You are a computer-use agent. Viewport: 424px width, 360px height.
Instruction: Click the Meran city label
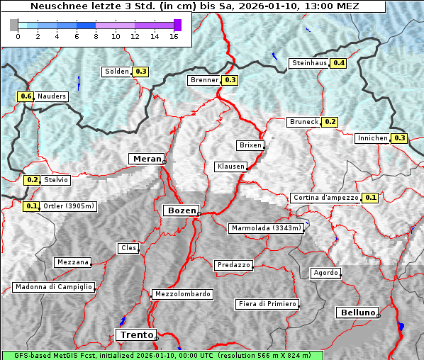(146, 159)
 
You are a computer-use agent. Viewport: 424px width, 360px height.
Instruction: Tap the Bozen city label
(180, 210)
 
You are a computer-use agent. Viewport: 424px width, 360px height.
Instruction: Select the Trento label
(136, 335)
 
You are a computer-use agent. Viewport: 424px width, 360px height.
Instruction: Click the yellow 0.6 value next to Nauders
(26, 96)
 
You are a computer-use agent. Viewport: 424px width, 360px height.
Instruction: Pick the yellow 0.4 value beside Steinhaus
(339, 63)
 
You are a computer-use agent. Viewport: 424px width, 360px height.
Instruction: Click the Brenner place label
(205, 80)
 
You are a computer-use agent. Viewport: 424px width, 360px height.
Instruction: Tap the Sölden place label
(117, 72)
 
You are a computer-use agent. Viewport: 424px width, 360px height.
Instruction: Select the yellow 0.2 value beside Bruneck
(330, 122)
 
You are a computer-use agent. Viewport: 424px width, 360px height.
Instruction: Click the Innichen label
(372, 138)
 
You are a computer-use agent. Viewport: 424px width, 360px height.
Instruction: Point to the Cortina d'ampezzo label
(325, 198)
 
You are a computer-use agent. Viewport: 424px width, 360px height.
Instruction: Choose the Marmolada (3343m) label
(267, 228)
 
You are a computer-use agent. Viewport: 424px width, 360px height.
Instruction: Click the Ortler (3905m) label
(68, 206)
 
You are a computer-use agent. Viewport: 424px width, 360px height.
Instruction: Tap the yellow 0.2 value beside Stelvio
(32, 180)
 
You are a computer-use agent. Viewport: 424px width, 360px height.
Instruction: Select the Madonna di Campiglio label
(53, 287)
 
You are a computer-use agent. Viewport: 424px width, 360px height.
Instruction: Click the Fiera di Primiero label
(267, 304)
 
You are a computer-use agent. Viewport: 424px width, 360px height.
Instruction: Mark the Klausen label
(230, 167)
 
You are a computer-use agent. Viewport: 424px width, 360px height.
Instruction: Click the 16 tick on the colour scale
(174, 36)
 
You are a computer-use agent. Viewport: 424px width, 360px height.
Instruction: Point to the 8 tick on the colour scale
(96, 36)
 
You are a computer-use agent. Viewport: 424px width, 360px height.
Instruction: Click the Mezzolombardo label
(182, 294)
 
